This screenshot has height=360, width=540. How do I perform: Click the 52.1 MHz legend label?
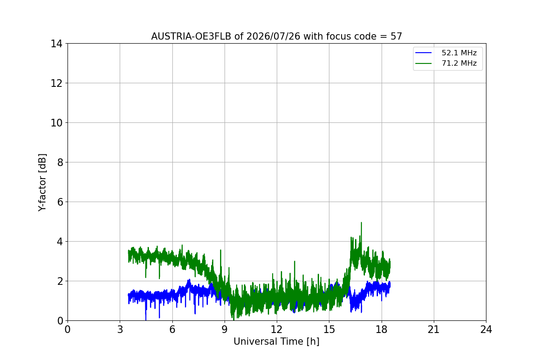pyautogui.click(x=459, y=53)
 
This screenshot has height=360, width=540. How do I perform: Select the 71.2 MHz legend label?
pyautogui.click(x=459, y=63)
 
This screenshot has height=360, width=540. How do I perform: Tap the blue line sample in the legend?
pyautogui.click(x=423, y=53)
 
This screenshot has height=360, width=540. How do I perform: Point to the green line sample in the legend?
pyautogui.click(x=423, y=63)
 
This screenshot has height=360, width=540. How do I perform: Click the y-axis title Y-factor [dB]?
pyautogui.click(x=42, y=182)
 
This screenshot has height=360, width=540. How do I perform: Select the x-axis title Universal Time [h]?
pyautogui.click(x=276, y=342)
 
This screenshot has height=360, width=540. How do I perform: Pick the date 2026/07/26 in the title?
pyautogui.click(x=274, y=36)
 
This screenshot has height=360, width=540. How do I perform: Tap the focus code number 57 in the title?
pyautogui.click(x=396, y=36)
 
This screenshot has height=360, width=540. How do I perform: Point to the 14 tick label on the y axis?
pyautogui.click(x=56, y=44)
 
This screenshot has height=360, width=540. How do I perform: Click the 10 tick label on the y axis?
pyautogui.click(x=56, y=123)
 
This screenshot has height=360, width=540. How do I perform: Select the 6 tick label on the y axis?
pyautogui.click(x=60, y=202)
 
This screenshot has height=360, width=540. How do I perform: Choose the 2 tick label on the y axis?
pyautogui.click(x=60, y=281)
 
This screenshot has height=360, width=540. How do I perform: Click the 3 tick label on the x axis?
pyautogui.click(x=120, y=329)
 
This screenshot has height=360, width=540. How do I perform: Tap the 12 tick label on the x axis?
pyautogui.click(x=276, y=329)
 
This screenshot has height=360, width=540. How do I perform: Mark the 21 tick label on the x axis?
pyautogui.click(x=434, y=329)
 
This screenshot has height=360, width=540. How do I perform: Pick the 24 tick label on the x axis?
pyautogui.click(x=486, y=329)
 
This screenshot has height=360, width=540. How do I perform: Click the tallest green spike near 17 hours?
pyautogui.click(x=361, y=223)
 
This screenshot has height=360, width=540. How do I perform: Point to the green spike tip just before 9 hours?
pyautogui.click(x=220, y=250)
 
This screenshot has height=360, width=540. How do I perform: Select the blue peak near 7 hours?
pyautogui.click(x=189, y=279)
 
